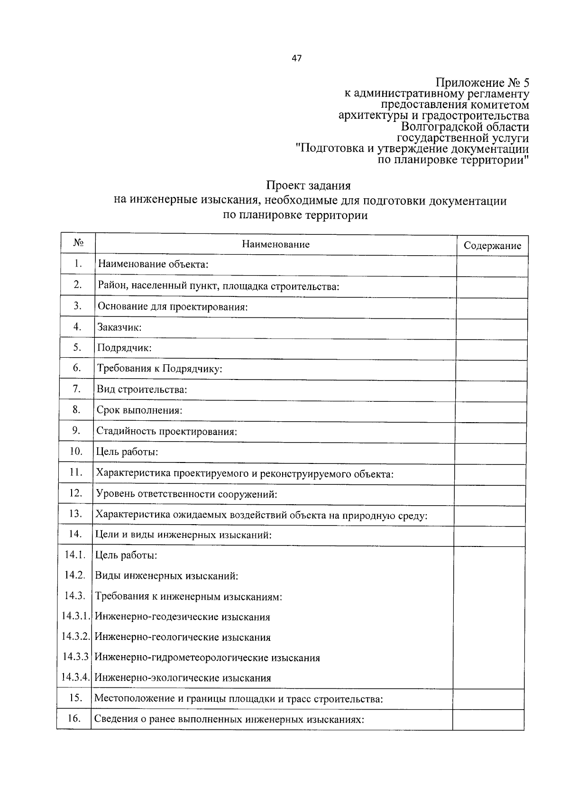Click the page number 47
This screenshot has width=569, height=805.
[297, 59]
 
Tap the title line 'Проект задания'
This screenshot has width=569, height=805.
[308, 185]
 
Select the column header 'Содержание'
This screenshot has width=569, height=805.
[492, 246]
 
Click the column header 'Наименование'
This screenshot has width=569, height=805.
[275, 244]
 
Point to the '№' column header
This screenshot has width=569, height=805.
[79, 243]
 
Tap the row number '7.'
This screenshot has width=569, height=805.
[77, 389]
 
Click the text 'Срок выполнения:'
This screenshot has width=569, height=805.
[139, 410]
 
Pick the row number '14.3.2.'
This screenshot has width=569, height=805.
[76, 637]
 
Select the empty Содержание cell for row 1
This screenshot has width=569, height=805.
[492, 266]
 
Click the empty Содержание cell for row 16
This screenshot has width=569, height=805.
[488, 719]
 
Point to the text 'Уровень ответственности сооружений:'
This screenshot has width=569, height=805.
[186, 494]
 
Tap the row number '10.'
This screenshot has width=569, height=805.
[76, 451]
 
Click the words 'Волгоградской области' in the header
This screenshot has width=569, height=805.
[465, 127]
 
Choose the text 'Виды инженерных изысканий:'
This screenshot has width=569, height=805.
[166, 576]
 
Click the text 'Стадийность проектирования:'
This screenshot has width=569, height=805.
[166, 431]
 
